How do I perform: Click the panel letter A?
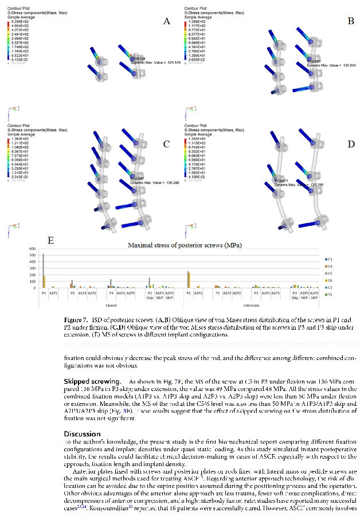167,21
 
